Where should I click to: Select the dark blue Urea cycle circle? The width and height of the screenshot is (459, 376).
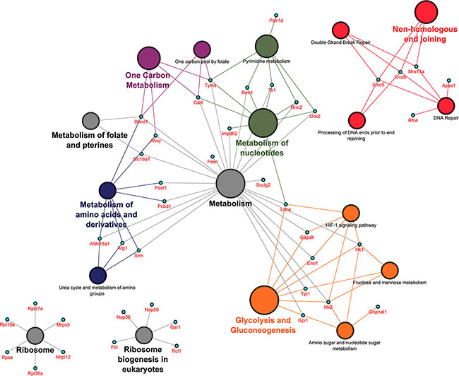point(98,275)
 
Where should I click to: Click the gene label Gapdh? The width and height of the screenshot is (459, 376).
point(307,238)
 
